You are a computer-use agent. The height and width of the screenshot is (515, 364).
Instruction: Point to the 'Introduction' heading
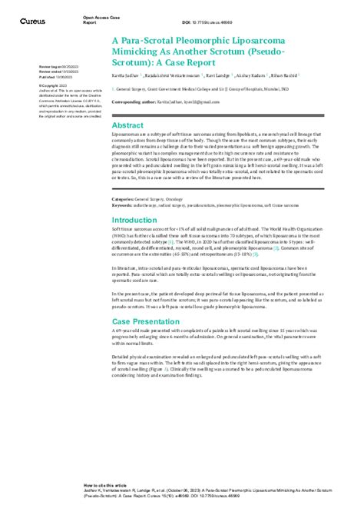[134, 220]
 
